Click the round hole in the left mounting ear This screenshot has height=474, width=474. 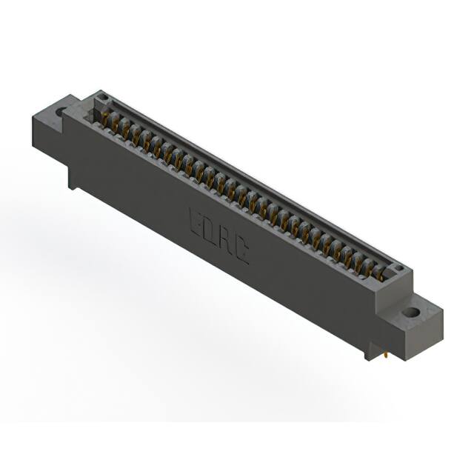click(x=59, y=113)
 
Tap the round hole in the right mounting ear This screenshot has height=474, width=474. click(x=409, y=312)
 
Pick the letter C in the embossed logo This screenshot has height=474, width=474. click(x=241, y=254)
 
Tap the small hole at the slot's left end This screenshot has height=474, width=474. click(x=104, y=99)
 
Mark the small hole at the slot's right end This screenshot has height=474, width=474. click(x=397, y=268)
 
